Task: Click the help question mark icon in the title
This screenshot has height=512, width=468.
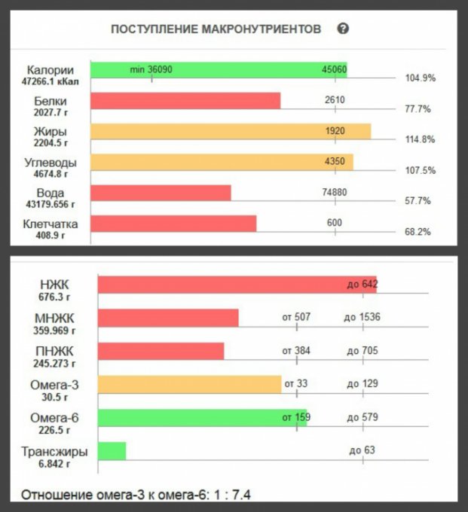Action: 343,29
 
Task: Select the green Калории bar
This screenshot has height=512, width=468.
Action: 219,70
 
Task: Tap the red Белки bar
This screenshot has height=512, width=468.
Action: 185,101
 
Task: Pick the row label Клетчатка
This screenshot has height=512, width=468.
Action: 52,223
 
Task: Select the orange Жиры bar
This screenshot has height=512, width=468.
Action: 230,132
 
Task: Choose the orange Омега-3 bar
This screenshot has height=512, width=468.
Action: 188,385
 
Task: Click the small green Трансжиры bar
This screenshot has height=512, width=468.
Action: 112,451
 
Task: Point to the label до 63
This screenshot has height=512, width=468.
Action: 362,451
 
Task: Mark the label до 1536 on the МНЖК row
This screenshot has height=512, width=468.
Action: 362,317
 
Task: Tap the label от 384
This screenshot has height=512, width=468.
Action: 296,351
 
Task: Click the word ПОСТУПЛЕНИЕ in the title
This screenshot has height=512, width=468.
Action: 154,29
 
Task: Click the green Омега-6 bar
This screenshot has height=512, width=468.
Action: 202,418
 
